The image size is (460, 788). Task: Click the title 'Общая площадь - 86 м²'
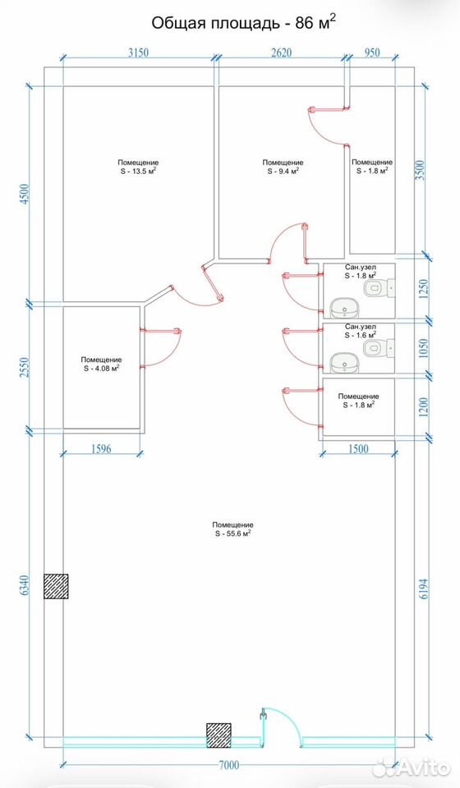coord(243,23)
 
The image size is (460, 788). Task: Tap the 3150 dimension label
coord(138,53)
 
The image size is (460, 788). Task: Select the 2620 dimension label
coord(282,53)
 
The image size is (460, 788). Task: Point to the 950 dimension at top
coord(372,53)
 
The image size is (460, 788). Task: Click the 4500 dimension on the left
coord(25,194)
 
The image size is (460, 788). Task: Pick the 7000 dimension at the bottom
coord(229,765)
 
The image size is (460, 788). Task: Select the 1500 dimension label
coord(358,449)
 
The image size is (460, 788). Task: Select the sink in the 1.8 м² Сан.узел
coord(344,306)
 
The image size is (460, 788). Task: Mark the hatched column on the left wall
coord(56,586)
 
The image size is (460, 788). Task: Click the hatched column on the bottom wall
coord(218,735)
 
